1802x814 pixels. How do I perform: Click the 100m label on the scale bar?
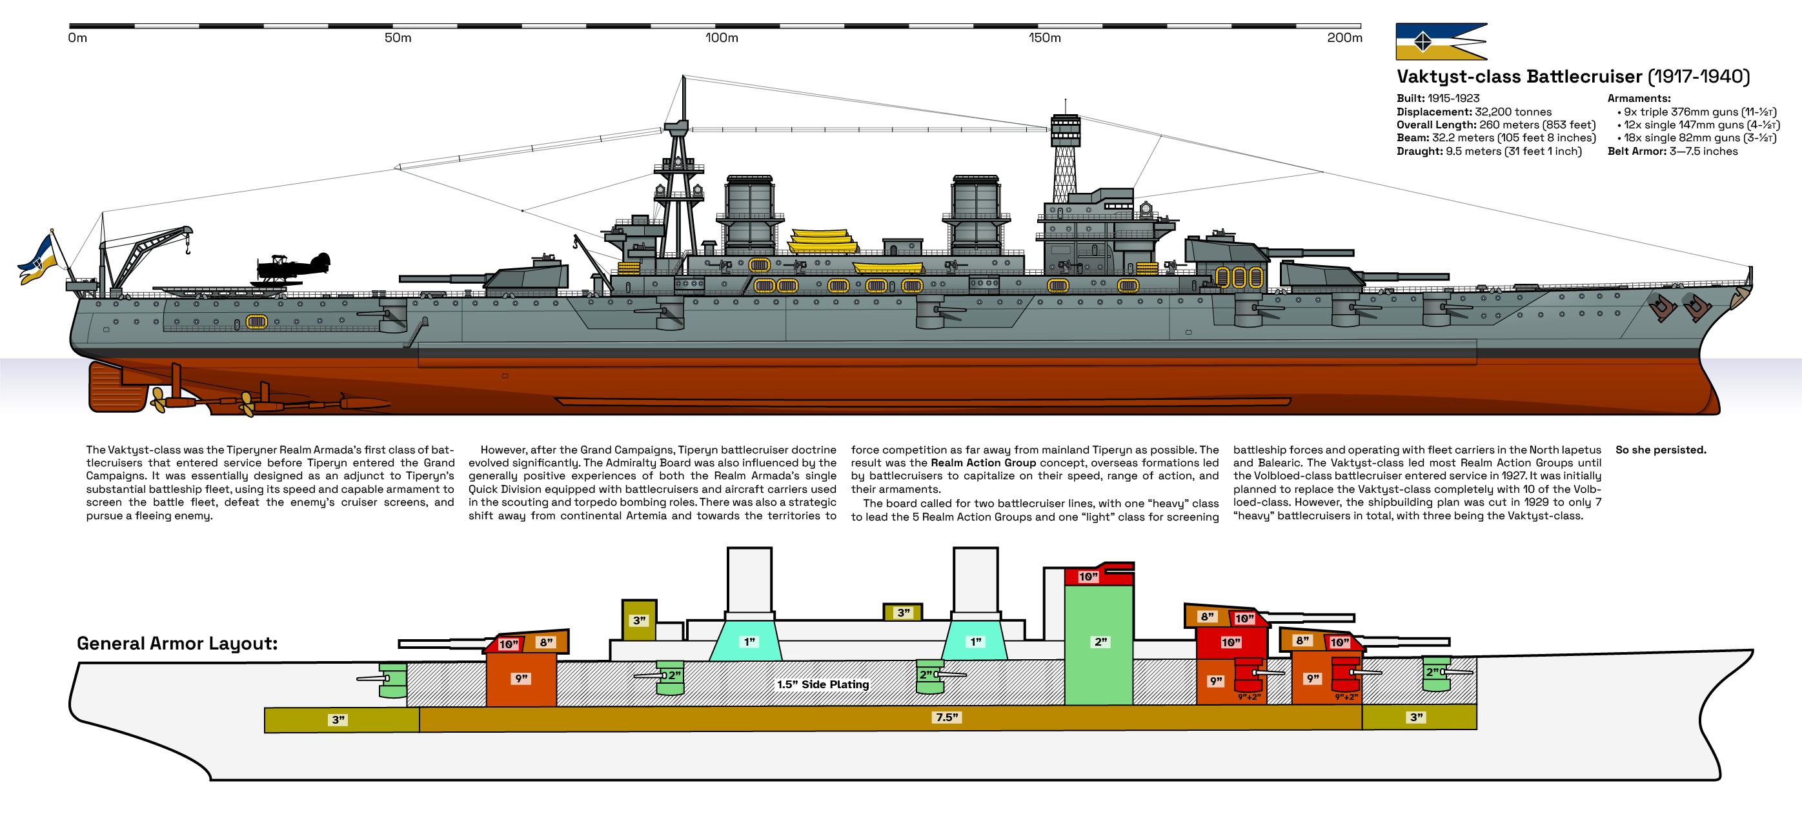(x=721, y=38)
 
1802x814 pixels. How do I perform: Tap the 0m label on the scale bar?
(x=77, y=38)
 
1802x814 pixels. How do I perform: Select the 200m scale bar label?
(x=1344, y=38)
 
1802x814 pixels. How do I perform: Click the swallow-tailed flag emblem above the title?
(x=1441, y=42)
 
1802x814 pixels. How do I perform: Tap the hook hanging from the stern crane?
(x=187, y=247)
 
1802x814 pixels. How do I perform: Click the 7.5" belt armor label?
(x=947, y=717)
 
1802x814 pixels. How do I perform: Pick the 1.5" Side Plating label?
(x=823, y=684)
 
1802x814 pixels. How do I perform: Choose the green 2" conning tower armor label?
(x=1100, y=641)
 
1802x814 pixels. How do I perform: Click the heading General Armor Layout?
(x=177, y=643)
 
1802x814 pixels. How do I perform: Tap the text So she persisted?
(x=1660, y=450)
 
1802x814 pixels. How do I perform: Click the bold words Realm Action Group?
(x=983, y=463)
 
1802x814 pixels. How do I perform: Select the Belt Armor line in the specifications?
(x=1672, y=151)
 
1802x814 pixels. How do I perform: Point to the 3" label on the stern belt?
(x=339, y=720)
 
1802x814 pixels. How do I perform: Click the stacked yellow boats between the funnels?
(x=823, y=241)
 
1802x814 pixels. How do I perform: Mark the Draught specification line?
(x=1488, y=151)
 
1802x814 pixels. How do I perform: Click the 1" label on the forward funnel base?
(x=749, y=641)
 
